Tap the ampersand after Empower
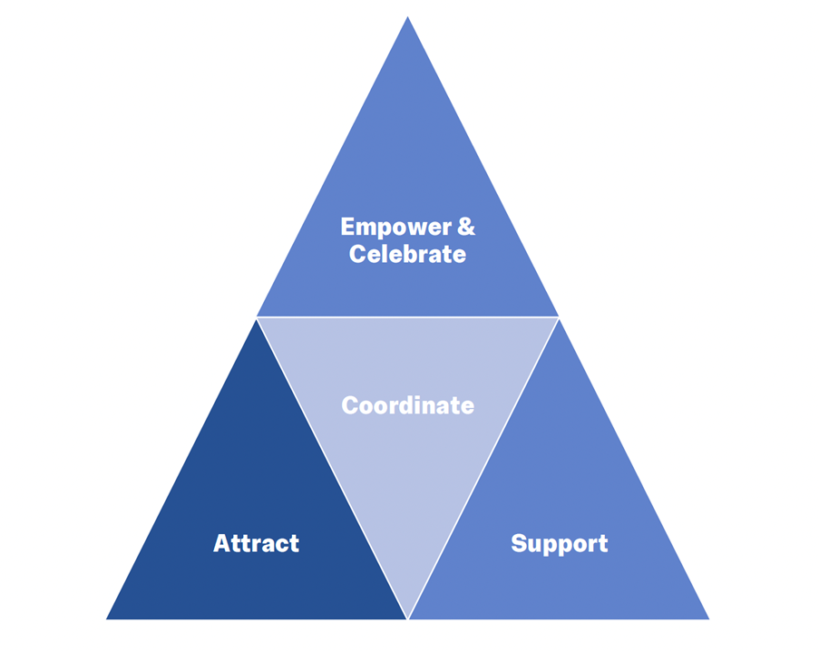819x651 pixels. [x=465, y=227]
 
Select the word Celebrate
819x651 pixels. [x=407, y=255]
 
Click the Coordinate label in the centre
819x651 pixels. [x=407, y=405]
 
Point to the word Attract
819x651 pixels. [x=256, y=544]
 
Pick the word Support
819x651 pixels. [x=559, y=544]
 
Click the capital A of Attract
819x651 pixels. [x=221, y=544]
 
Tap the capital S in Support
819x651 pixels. [x=518, y=544]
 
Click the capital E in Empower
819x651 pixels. [x=348, y=227]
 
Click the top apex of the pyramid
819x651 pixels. [x=407, y=18]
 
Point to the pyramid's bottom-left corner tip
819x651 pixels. [x=108, y=618]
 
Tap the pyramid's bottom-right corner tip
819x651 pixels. [x=707, y=618]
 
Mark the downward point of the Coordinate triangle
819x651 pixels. [x=407, y=617]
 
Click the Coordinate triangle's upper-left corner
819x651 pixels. [x=258, y=318]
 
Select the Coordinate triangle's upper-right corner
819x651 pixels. [x=558, y=318]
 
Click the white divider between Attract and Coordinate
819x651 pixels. [x=332, y=467]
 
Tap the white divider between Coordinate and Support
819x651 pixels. [x=483, y=467]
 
